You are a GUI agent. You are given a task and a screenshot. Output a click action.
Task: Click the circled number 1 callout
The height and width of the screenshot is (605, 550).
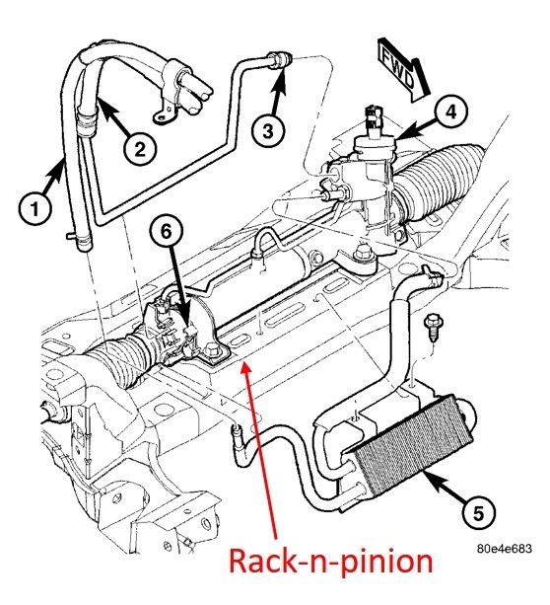35,209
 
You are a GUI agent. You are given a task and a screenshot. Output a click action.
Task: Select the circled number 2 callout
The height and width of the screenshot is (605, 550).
140,149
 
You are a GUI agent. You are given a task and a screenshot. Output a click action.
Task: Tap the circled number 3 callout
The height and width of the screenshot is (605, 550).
268,131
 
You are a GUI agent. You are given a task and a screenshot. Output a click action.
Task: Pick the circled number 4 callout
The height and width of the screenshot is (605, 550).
451,112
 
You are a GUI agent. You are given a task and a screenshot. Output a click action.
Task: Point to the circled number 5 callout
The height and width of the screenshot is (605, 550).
478,513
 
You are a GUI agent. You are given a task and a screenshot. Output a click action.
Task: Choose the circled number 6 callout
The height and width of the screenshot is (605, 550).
167,232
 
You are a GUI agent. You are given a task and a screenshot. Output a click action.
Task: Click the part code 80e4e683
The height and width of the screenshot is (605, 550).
504,549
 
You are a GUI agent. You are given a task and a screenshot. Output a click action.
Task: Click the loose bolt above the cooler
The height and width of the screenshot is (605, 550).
434,328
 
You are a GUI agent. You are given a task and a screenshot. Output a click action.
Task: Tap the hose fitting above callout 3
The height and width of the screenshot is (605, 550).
280,60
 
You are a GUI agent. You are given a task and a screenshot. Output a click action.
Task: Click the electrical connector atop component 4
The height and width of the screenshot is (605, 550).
374,114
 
